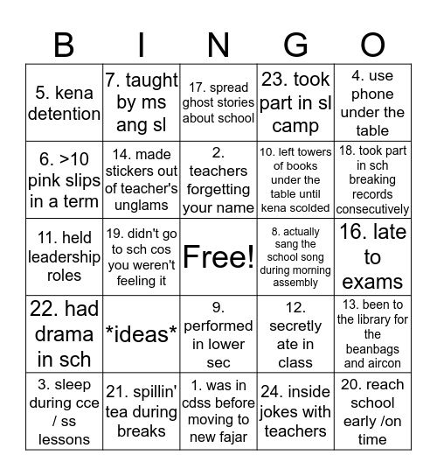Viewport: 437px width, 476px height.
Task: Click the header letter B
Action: pyautogui.click(x=64, y=45)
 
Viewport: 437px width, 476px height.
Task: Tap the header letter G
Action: pyautogui.click(x=296, y=45)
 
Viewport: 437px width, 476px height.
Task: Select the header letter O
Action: pyautogui.click(x=372, y=45)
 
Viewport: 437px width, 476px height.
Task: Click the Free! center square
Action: pyautogui.click(x=218, y=257)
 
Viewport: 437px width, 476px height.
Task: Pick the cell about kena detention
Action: pyautogui.click(x=64, y=103)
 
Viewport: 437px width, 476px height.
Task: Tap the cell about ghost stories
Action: pyautogui.click(x=218, y=103)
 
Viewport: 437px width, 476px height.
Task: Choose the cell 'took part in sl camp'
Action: pyautogui.click(x=295, y=103)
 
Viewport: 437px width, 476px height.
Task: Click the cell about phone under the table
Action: pyautogui.click(x=372, y=103)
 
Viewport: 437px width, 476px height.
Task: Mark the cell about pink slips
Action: pyautogui.click(x=64, y=180)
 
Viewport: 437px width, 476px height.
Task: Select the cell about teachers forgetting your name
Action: pyautogui.click(x=218, y=180)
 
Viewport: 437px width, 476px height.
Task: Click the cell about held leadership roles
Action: pyautogui.click(x=64, y=257)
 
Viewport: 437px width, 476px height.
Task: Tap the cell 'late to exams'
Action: pyautogui.click(x=372, y=257)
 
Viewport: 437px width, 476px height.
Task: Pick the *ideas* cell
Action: pyautogui.click(x=141, y=333)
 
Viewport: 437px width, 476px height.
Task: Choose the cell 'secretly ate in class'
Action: pyautogui.click(x=295, y=333)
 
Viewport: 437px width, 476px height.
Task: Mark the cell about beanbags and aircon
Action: pyautogui.click(x=372, y=333)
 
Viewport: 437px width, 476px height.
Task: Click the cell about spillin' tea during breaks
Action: pyautogui.click(x=141, y=411)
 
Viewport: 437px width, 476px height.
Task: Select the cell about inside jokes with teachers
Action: pyautogui.click(x=295, y=411)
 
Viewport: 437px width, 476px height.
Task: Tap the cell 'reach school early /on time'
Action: pyautogui.click(x=372, y=411)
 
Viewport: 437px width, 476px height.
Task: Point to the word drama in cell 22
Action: pyautogui.click(x=64, y=333)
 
